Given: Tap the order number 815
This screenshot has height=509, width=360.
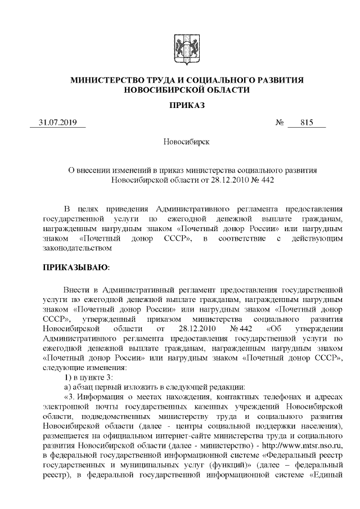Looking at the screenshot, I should (307, 123).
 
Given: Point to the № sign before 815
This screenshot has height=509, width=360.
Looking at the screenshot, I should (280, 123).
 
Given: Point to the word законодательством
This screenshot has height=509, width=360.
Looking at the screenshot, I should (77, 247).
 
